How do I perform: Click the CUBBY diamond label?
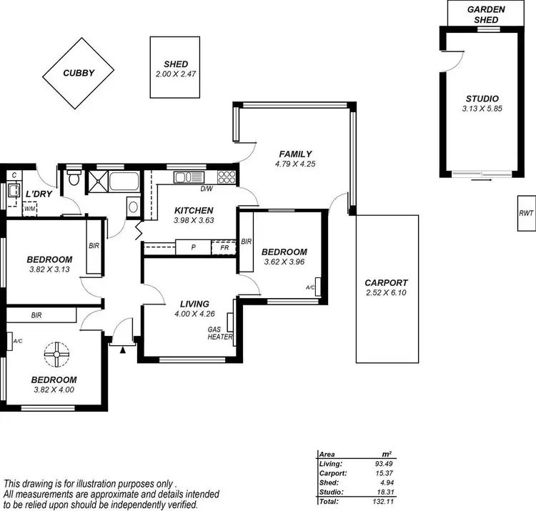(x=79, y=73)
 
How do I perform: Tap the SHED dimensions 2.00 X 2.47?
(x=176, y=74)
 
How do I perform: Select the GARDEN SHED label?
(x=486, y=14)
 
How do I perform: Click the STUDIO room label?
(x=482, y=99)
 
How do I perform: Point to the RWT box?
(x=526, y=213)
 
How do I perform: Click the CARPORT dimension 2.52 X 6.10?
(x=385, y=292)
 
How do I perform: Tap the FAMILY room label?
(x=295, y=154)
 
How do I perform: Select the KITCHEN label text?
(x=194, y=210)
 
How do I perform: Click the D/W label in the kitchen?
(x=206, y=189)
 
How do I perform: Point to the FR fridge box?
(x=224, y=248)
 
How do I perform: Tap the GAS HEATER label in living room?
(x=219, y=333)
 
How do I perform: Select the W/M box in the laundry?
(x=30, y=209)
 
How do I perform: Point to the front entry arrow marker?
(x=123, y=349)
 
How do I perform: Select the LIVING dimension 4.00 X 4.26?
(x=195, y=314)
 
